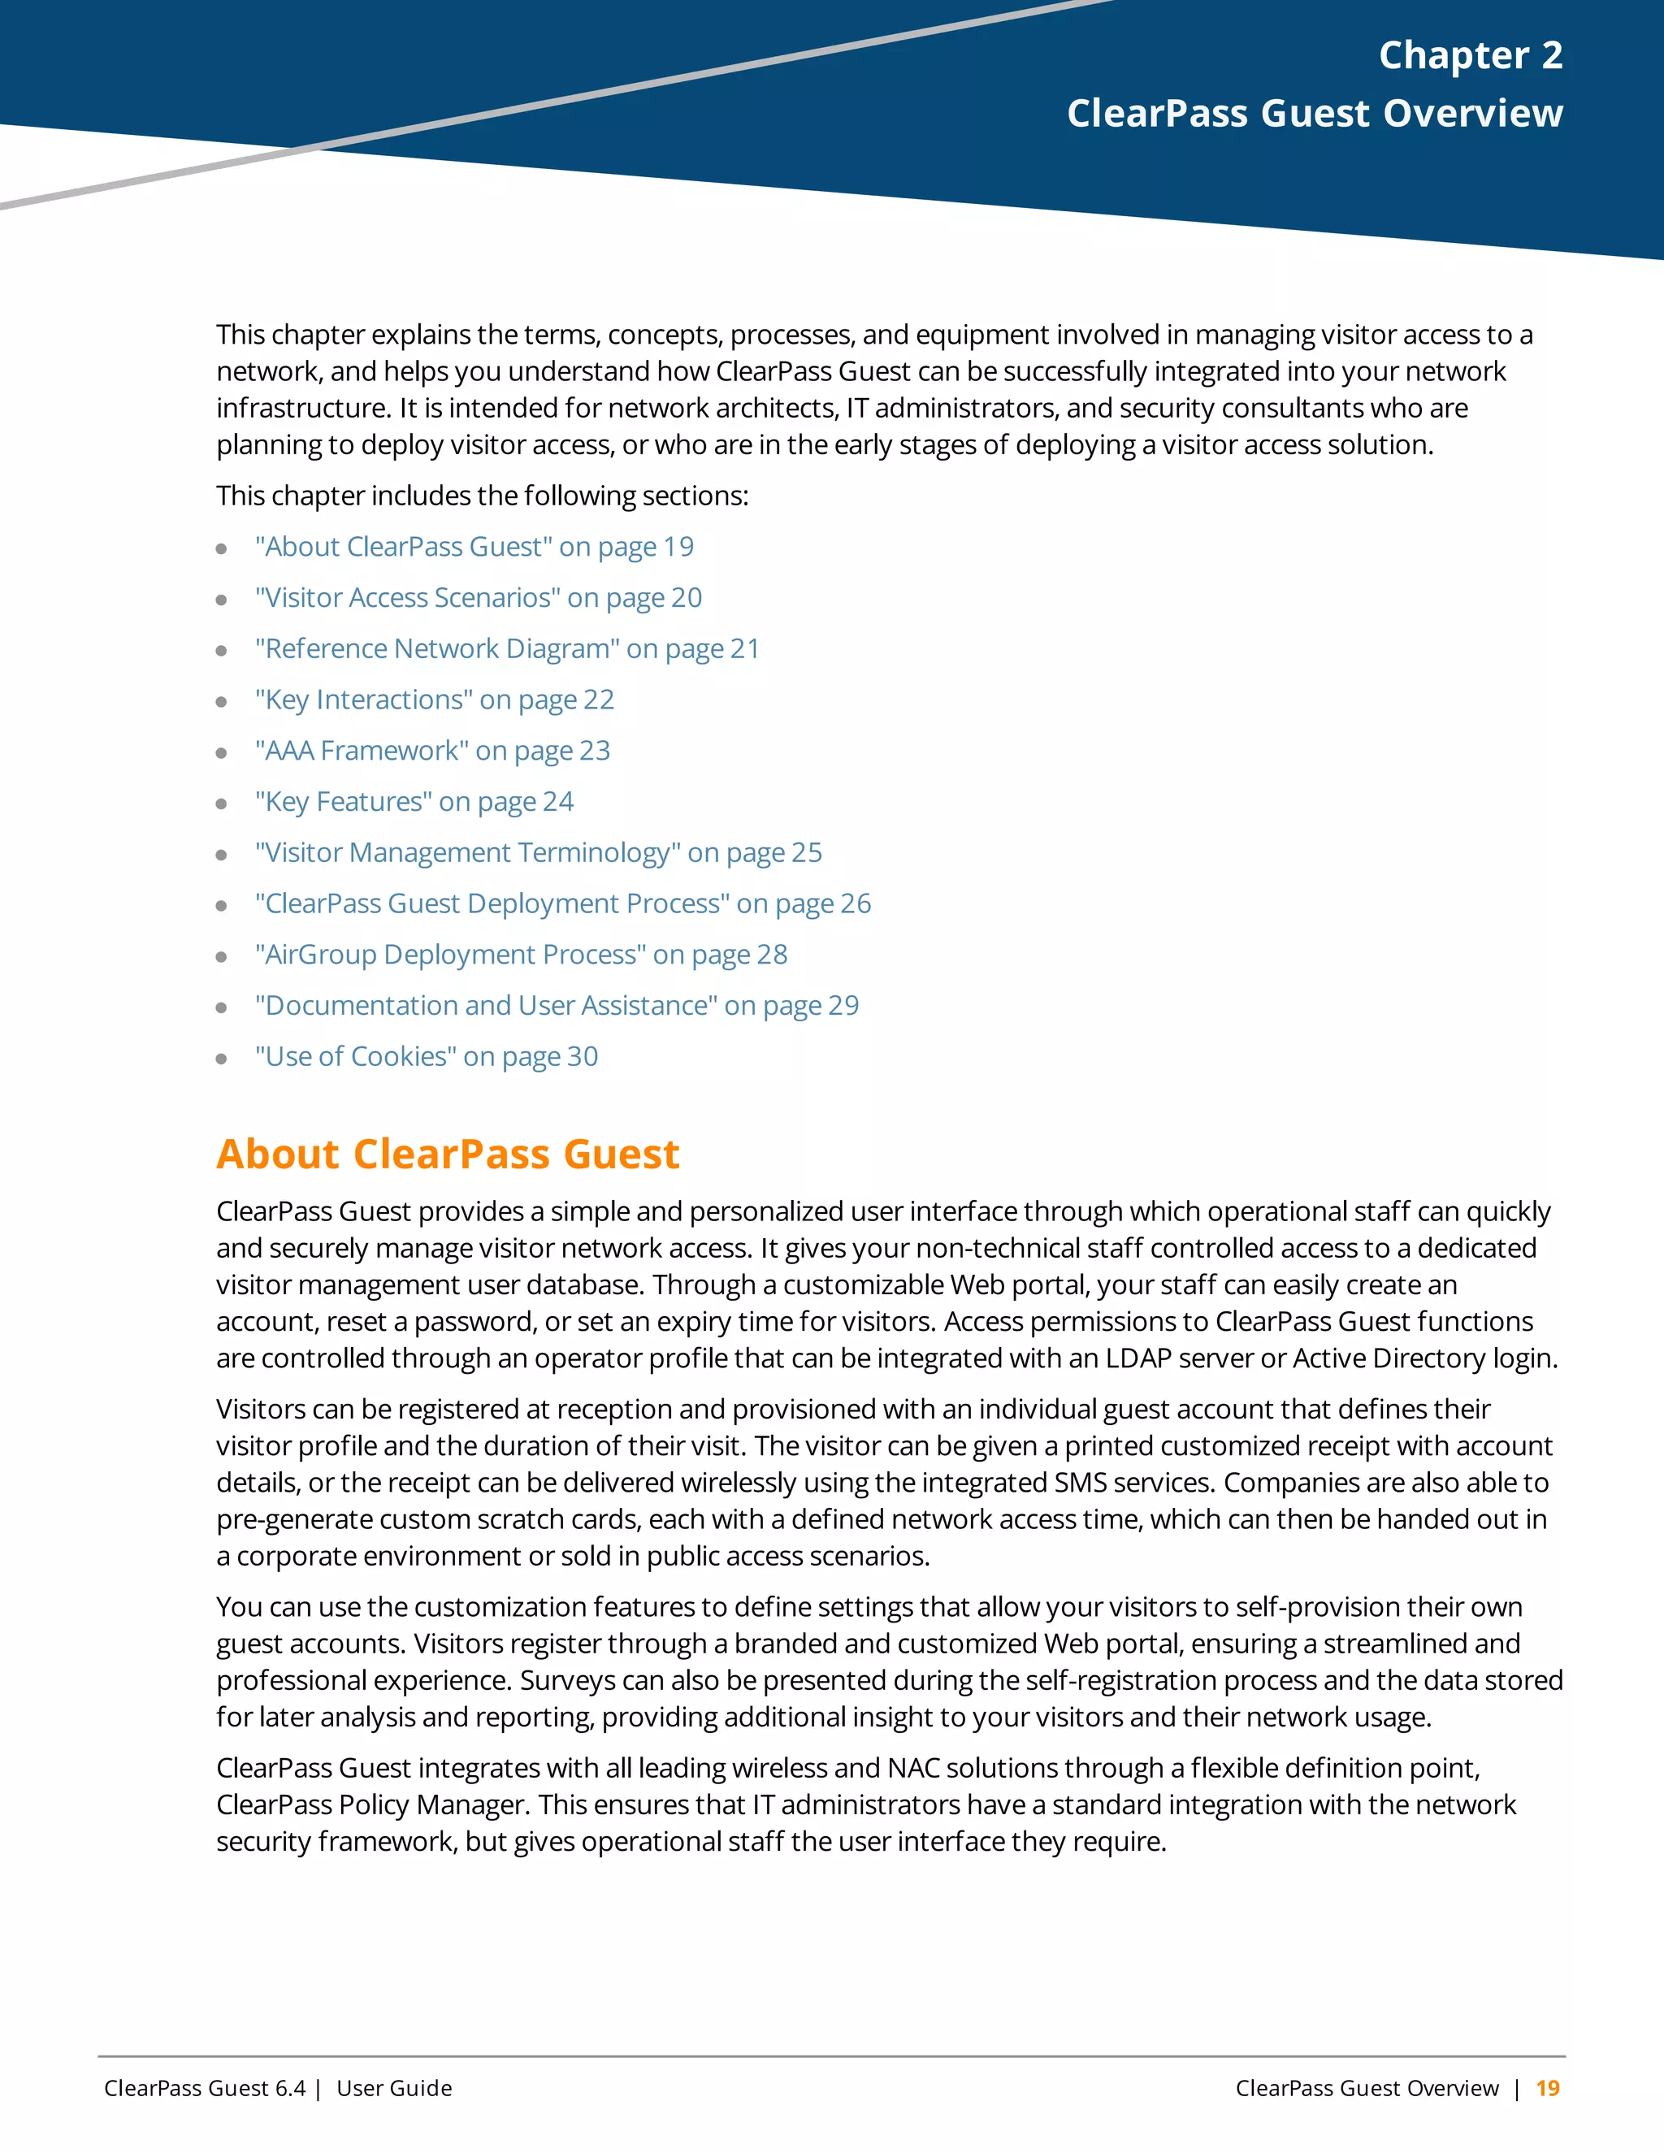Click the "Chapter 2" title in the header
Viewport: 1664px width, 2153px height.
[1470, 55]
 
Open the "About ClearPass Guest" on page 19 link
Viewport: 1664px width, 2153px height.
[474, 547]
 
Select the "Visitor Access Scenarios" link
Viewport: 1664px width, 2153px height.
[478, 599]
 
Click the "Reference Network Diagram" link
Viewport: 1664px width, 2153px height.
[507, 648]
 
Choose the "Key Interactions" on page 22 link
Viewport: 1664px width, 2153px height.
[434, 700]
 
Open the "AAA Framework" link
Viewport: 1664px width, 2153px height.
[431, 752]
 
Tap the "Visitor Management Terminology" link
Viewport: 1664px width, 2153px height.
[538, 853]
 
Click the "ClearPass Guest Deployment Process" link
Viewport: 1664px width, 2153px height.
[563, 904]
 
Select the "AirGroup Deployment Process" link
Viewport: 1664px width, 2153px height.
[521, 955]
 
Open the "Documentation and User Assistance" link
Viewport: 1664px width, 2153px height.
[557, 1006]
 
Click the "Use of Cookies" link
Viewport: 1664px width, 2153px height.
[426, 1057]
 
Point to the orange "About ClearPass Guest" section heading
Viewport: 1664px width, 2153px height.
[448, 1154]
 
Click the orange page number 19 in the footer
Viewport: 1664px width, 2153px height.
[1548, 2088]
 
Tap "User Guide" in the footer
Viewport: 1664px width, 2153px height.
[394, 2088]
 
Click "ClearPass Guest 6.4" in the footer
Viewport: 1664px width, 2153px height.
[205, 2088]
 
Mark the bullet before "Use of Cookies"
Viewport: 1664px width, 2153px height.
[222, 1059]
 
